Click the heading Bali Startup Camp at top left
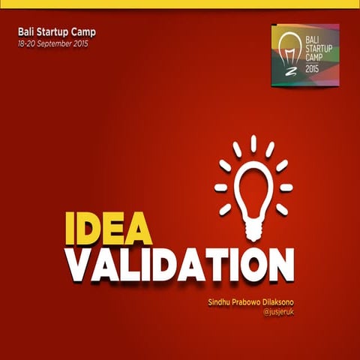point(57,33)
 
